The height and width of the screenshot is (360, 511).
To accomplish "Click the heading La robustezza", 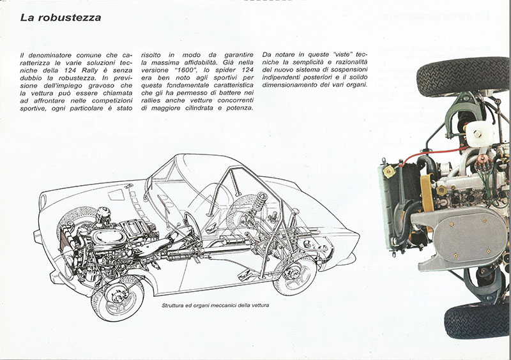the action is click(61, 17).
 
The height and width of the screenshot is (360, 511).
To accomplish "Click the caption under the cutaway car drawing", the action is click(215, 305).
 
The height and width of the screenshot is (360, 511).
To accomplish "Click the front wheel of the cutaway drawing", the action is click(118, 297).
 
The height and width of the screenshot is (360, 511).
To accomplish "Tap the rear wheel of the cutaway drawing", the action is click(295, 274).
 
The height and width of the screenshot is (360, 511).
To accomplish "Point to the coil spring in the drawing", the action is click(259, 201).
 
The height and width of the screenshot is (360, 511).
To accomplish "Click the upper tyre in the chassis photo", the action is click(462, 76).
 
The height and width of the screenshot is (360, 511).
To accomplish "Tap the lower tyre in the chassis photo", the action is click(477, 320).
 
